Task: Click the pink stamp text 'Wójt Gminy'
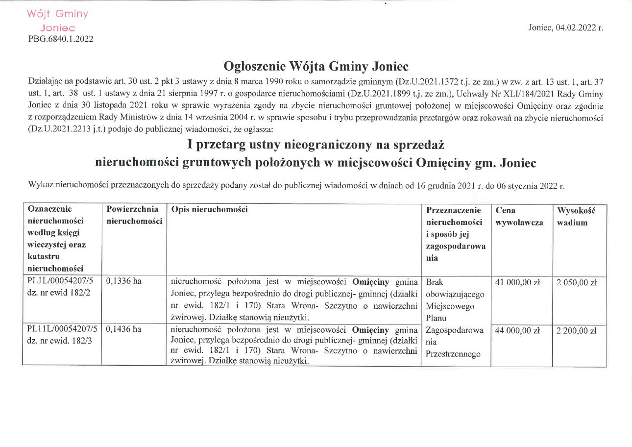(58, 14)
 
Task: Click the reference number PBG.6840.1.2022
(61, 39)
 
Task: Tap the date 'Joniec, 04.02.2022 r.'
(565, 27)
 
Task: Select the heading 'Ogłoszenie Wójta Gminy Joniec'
(316, 66)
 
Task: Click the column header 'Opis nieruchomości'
(209, 210)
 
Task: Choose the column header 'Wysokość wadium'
(576, 216)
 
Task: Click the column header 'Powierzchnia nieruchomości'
(134, 216)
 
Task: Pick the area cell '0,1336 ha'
(123, 282)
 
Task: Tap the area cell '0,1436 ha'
(123, 329)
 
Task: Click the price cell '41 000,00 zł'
(517, 282)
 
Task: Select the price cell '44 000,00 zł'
(517, 331)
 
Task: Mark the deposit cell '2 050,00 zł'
(577, 282)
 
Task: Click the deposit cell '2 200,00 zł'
(577, 331)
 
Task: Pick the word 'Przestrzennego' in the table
(454, 354)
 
